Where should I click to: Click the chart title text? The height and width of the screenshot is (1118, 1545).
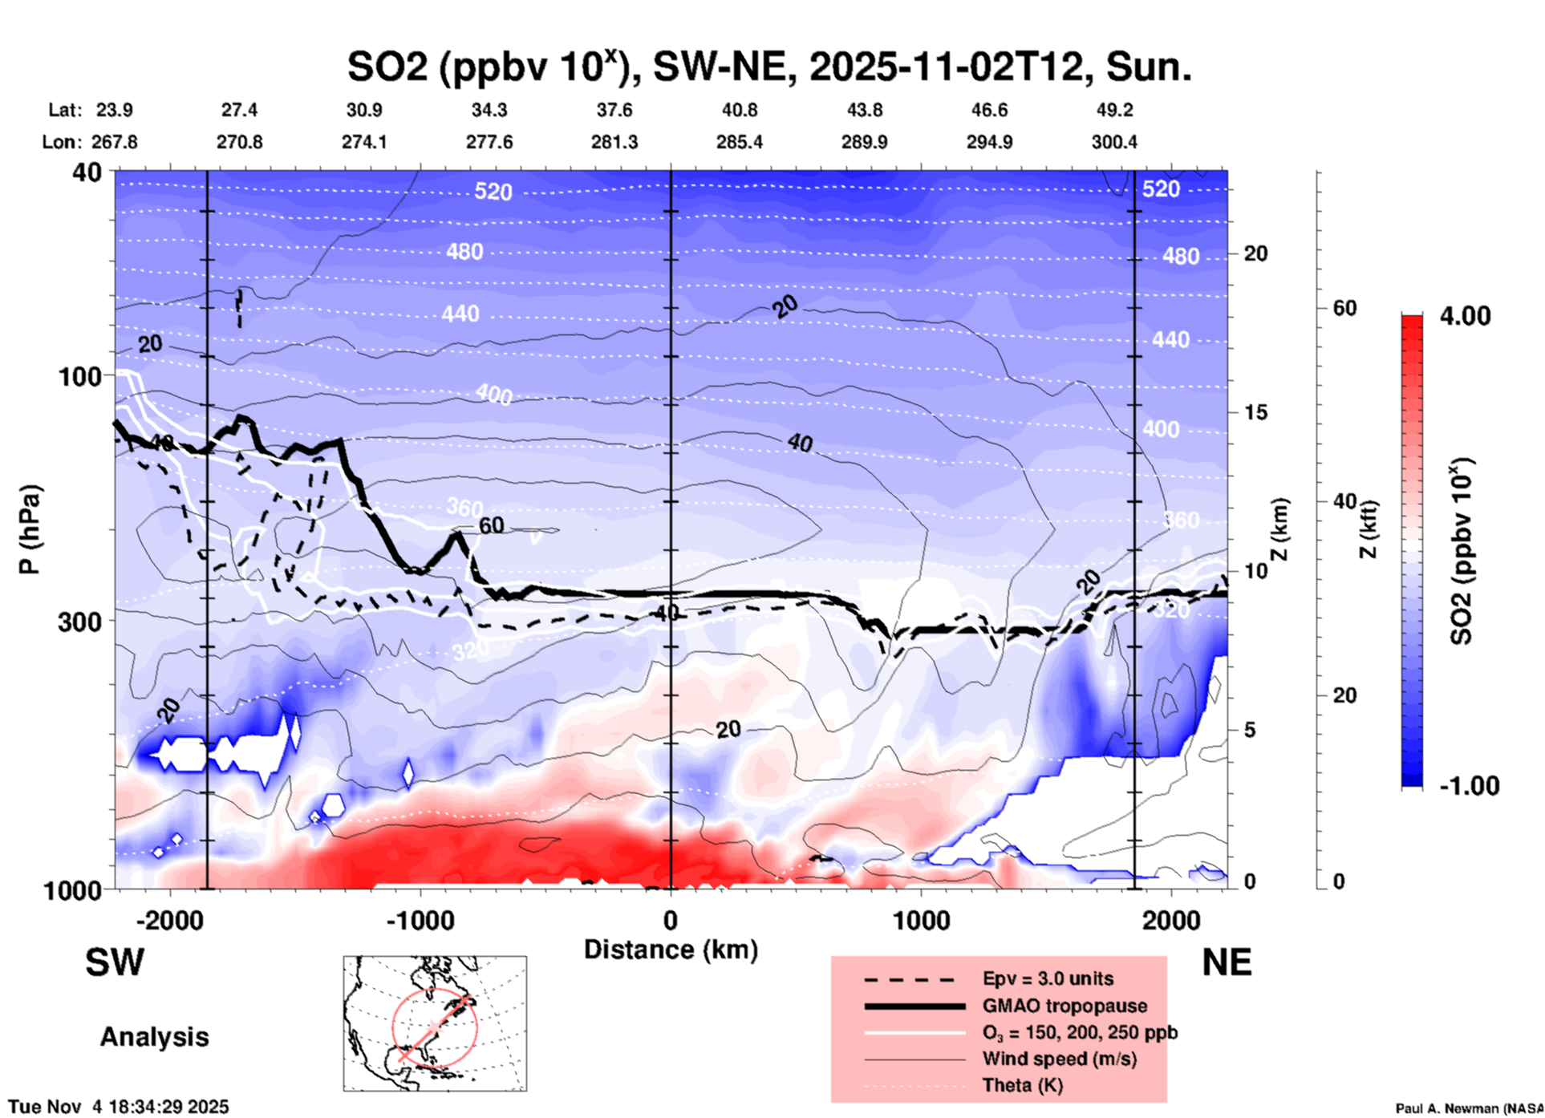click(768, 67)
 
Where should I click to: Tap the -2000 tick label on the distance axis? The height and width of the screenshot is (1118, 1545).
click(169, 921)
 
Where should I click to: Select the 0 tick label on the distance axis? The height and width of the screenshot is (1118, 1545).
click(671, 921)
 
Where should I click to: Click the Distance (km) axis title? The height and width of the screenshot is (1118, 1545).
click(671, 950)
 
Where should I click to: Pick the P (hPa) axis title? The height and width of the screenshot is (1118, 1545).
click(30, 529)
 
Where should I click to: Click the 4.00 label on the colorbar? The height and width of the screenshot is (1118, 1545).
click(1465, 316)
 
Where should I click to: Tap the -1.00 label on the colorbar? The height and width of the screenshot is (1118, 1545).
click(1469, 786)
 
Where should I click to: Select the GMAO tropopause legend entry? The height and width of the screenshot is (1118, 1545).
click(1064, 1006)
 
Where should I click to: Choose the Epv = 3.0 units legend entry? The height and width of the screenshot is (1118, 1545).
click(1048, 979)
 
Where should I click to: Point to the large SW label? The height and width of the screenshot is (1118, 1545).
click(115, 962)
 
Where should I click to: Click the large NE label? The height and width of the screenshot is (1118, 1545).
click(1227, 962)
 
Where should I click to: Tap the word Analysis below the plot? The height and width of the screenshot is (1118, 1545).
click(154, 1037)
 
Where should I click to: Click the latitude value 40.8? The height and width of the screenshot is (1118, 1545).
click(739, 110)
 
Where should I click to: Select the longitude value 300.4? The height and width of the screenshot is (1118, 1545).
click(1114, 143)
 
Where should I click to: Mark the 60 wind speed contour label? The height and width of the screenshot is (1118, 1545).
click(491, 526)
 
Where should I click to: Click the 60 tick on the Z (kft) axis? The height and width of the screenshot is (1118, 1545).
click(1345, 308)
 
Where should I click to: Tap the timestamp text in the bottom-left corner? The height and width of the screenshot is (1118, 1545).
click(119, 1107)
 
